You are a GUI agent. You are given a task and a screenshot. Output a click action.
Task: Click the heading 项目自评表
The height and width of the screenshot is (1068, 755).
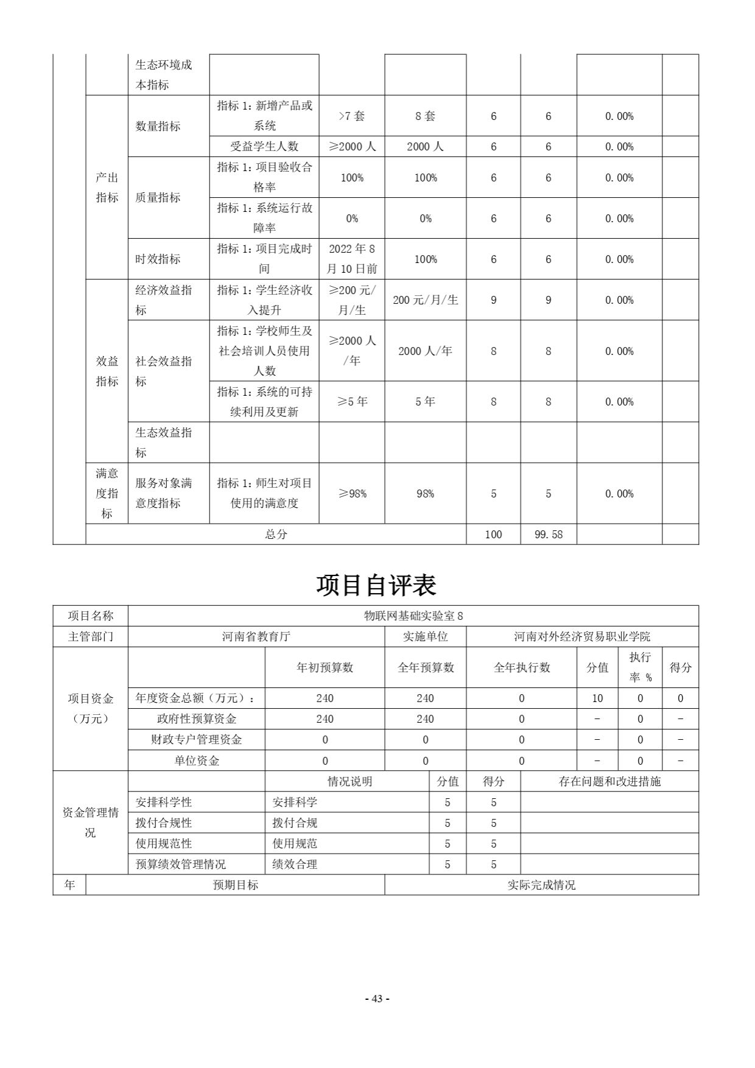376,585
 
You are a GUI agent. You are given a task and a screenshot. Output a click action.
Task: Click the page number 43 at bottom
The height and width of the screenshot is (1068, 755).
377,999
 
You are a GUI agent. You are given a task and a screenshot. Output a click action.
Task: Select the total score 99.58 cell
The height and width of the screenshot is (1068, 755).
548,535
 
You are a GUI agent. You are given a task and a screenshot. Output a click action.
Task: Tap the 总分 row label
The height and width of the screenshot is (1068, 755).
276,535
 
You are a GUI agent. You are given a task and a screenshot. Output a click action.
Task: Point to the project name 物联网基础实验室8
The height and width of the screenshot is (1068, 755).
413,616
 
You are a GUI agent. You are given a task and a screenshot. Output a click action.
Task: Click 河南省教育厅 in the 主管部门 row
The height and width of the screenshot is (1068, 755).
256,637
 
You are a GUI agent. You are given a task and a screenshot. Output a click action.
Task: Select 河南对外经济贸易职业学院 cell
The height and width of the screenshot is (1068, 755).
582,637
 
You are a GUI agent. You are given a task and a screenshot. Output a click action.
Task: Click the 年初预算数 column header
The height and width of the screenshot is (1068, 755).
325,667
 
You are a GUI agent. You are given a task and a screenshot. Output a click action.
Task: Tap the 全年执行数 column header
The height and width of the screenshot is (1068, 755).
521,667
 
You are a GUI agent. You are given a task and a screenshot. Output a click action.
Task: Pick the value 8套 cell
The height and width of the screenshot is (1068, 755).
425,116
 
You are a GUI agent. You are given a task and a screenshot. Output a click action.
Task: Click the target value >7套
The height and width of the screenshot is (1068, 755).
351,116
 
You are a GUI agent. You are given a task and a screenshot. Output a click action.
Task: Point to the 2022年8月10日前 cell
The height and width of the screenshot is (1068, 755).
351,259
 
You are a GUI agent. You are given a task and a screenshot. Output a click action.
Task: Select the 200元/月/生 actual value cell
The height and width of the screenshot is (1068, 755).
425,300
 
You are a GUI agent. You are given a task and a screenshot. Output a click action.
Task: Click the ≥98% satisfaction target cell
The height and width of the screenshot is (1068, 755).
351,494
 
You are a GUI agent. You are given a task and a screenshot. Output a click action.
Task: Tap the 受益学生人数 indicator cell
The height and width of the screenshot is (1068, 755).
264,147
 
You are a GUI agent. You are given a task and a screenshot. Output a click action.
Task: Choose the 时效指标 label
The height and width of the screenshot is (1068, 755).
158,259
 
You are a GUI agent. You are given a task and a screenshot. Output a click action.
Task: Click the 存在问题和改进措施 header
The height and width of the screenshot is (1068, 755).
609,782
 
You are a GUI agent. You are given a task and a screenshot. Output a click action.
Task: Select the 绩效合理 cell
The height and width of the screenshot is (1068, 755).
295,865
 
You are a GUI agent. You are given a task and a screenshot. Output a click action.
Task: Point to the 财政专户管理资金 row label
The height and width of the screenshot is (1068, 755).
196,740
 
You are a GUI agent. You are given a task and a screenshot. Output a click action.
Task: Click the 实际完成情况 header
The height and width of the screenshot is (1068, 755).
541,885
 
